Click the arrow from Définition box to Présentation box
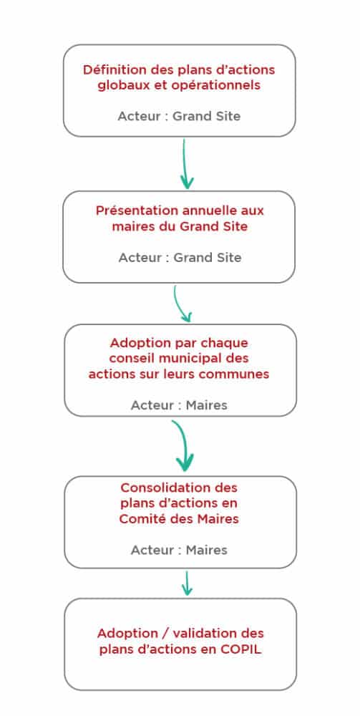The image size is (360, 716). (x=185, y=164)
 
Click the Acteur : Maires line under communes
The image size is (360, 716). (x=179, y=405)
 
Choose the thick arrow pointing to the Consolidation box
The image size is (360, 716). (x=182, y=445)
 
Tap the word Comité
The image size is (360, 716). (x=138, y=519)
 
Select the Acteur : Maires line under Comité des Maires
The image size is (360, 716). (x=179, y=550)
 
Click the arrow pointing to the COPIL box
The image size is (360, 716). (x=186, y=583)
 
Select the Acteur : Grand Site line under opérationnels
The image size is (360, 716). (x=179, y=116)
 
